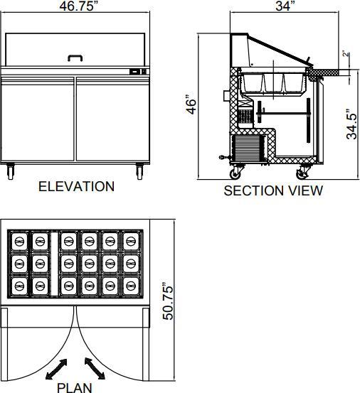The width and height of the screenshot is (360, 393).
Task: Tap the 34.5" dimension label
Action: (x=350, y=124)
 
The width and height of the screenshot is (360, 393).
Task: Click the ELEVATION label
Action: (x=76, y=187)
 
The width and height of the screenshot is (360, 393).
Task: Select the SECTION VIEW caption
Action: (x=272, y=190)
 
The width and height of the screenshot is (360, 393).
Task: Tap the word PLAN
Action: (x=74, y=387)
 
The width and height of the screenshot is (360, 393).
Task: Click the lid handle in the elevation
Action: (x=75, y=57)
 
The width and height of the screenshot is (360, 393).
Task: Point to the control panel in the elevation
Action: (x=138, y=71)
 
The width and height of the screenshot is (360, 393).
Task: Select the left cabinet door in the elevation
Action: (x=38, y=117)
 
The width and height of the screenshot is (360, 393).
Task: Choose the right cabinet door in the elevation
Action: (x=112, y=117)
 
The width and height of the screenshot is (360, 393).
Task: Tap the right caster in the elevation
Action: (x=139, y=170)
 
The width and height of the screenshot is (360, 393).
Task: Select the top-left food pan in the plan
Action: (x=19, y=241)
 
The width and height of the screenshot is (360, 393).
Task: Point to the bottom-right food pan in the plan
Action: (x=132, y=285)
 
